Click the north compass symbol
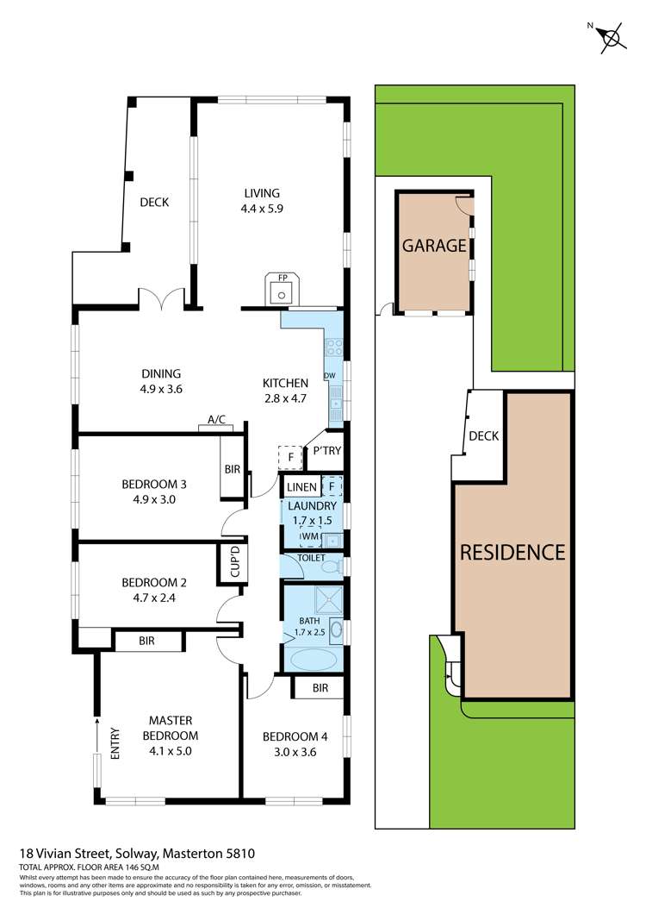click(612, 38)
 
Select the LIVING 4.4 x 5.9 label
click(261, 200)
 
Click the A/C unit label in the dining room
click(216, 420)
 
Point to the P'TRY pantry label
click(326, 451)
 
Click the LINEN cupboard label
click(301, 487)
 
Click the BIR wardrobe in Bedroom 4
click(320, 688)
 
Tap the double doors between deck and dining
click(164, 301)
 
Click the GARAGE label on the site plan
click(434, 246)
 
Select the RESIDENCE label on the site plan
click(512, 552)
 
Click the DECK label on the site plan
click(483, 436)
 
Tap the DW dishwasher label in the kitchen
click(329, 376)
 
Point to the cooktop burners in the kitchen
click(333, 348)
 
